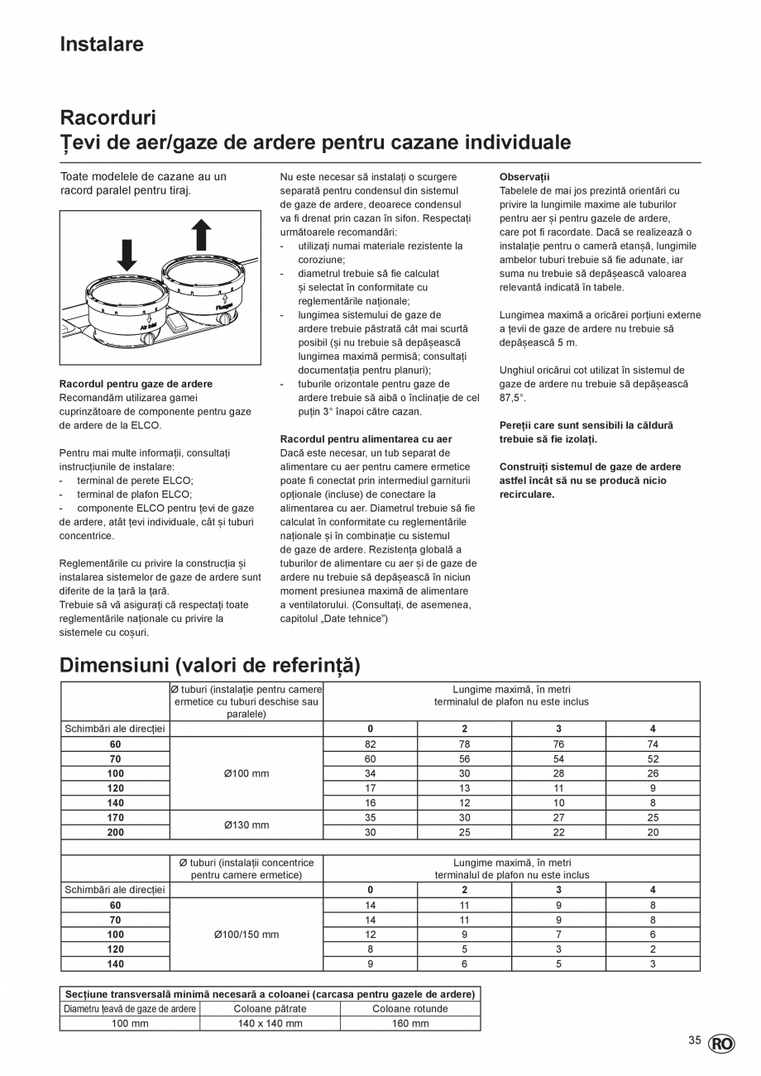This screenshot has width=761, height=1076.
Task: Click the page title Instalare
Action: coord(102,45)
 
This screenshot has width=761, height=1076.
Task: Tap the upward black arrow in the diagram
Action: coord(201,234)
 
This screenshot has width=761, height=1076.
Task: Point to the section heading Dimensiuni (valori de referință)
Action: coord(210,665)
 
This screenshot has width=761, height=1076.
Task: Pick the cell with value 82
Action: coord(370,744)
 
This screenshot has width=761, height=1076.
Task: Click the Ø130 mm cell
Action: coord(246,825)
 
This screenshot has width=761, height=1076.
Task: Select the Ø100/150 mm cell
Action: coord(246,935)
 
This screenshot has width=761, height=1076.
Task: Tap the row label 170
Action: coord(115,818)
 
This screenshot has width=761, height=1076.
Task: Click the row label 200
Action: coord(115,833)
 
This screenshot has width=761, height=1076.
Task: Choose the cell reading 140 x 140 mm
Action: coord(269,1023)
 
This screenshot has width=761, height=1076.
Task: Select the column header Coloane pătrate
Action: coord(269,1008)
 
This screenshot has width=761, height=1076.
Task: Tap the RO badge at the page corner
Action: coord(721,1044)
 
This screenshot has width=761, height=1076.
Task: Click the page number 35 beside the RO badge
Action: coord(695,1041)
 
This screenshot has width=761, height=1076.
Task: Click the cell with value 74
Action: coord(653,744)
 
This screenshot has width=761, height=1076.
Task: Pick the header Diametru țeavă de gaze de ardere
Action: coord(130,1008)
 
